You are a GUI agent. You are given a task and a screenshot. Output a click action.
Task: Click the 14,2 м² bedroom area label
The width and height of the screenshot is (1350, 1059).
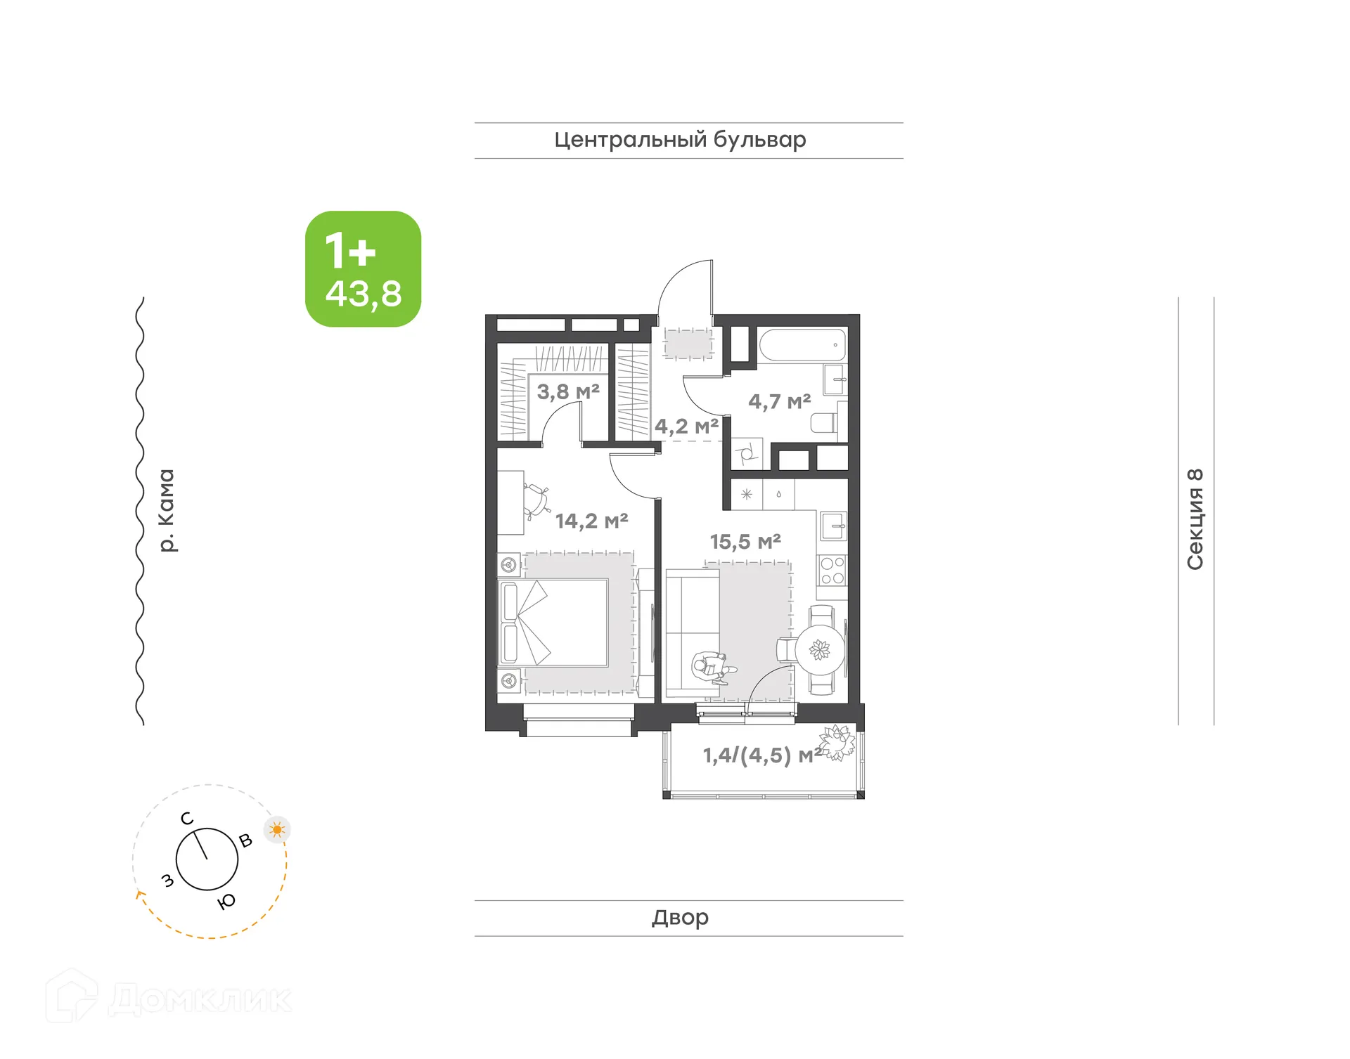[x=591, y=521]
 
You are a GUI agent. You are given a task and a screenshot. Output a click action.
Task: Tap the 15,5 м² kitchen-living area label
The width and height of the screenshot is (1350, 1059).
[x=745, y=542]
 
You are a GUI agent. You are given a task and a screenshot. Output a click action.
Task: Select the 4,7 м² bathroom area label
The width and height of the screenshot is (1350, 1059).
[x=779, y=401]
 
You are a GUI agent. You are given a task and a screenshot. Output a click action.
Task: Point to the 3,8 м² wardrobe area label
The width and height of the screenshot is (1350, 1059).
[x=568, y=391]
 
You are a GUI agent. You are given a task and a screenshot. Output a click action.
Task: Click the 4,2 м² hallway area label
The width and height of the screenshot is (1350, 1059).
[x=686, y=426]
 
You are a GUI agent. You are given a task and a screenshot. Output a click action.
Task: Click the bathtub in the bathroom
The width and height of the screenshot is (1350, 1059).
[x=802, y=345]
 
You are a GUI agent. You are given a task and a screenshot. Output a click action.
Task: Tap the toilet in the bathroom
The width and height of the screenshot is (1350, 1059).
[x=824, y=422]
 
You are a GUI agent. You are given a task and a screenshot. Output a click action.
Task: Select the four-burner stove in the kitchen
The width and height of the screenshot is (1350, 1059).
[x=832, y=570]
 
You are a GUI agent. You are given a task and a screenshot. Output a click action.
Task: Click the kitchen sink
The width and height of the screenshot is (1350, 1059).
[x=833, y=526]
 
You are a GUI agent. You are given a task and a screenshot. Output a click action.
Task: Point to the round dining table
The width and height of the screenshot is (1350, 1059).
[x=819, y=650]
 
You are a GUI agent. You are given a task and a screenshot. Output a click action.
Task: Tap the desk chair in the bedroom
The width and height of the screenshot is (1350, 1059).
[x=537, y=499]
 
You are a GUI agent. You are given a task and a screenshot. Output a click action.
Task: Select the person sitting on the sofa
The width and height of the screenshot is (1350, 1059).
[x=710, y=667]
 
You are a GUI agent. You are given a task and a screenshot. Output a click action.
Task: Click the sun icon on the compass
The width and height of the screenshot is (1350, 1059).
[x=277, y=830]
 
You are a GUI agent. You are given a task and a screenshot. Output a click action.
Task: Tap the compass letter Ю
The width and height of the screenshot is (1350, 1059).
[x=226, y=902]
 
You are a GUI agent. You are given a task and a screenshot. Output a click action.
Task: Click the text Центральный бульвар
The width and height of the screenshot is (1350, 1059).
[x=680, y=140]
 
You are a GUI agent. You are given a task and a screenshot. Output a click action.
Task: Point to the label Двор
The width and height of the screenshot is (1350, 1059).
[x=680, y=917]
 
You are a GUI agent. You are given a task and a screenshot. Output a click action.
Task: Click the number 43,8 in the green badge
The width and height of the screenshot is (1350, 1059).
[x=364, y=293]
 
